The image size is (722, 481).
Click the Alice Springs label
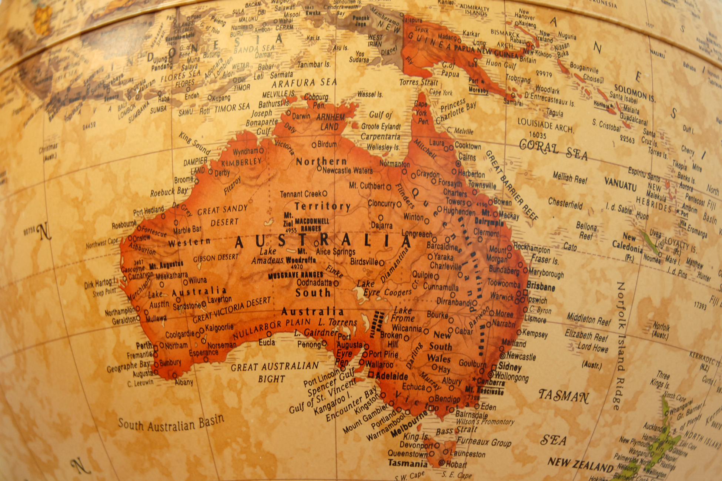[335, 252]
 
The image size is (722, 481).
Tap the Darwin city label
[301, 116]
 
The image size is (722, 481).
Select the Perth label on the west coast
[144, 346]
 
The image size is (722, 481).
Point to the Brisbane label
[541, 286]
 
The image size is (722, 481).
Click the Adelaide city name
[391, 376]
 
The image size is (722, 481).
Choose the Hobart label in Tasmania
[456, 464]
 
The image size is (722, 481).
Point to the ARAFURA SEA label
[304, 83]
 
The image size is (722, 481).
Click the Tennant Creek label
[301, 194]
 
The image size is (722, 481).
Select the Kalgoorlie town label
[219, 327]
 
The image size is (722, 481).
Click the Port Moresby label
[478, 85]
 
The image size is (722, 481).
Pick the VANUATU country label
[620, 184]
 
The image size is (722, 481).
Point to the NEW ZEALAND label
[580, 464]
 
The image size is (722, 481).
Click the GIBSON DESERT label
[215, 258]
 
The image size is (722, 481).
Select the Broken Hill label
[392, 340]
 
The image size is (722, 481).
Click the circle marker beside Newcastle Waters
[319, 168]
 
